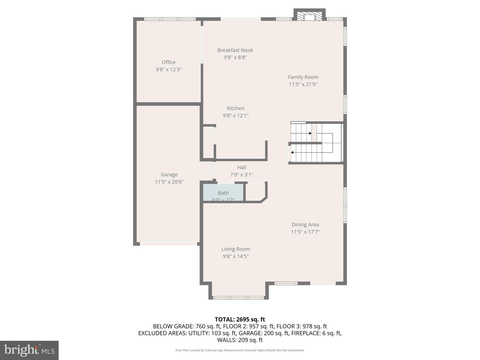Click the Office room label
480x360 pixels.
168,62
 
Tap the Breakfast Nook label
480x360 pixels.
235,50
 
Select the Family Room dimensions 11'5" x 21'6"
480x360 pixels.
303,84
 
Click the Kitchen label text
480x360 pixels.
235,108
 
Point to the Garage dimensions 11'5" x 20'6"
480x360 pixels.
169,182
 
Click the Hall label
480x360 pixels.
242,168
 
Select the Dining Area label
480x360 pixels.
305,225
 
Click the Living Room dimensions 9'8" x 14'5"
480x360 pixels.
236,256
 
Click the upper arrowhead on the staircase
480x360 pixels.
310,133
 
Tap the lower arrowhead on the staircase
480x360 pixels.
292,152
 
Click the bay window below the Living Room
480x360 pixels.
238,297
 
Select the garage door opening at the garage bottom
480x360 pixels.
168,244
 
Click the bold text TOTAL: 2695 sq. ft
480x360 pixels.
240,319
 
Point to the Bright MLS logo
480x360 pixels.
29,350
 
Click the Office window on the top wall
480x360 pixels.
170,19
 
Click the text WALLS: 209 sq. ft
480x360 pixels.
240,340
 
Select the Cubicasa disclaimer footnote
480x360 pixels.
240,350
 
